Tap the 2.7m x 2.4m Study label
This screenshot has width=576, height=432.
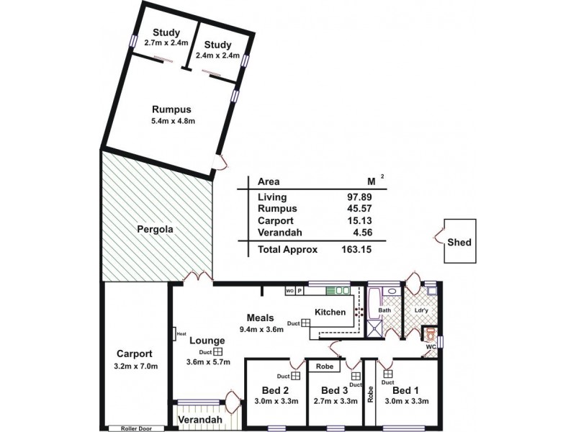[166, 32]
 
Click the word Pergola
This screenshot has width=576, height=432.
[156, 230]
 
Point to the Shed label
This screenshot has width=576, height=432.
[459, 243]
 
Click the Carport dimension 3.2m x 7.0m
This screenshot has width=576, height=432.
[135, 367]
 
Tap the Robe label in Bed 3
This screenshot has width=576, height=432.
[324, 366]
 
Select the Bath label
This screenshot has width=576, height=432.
[385, 311]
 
